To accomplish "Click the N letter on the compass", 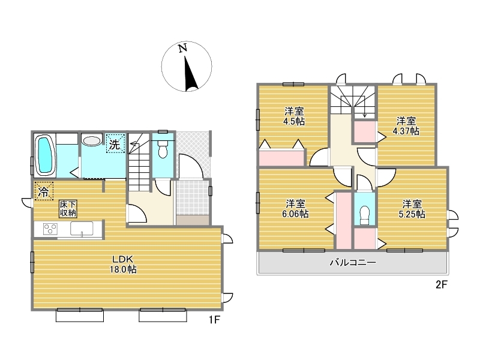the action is [x=183, y=48].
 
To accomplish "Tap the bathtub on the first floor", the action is [x=46, y=155].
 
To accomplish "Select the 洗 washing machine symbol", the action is [x=115, y=143].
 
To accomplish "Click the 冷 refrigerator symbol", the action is [x=44, y=191].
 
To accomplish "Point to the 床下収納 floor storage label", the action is [x=68, y=209].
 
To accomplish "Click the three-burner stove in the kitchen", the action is [x=50, y=229].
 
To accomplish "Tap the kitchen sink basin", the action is [x=82, y=229].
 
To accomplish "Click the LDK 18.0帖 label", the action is [x=123, y=265].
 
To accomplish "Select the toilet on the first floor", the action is [x=163, y=149].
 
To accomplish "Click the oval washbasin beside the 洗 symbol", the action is [x=92, y=141].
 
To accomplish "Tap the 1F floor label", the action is [x=214, y=320].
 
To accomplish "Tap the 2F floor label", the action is [x=442, y=285].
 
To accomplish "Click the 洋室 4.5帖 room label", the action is [x=294, y=116].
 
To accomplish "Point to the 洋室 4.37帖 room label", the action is [x=406, y=126].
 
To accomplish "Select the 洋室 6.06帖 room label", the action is [x=295, y=208].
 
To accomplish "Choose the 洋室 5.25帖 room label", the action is [x=412, y=209].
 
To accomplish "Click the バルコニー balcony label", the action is [x=353, y=262].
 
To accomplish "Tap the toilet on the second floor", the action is [x=365, y=215].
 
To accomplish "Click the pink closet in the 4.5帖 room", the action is [x=281, y=157].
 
